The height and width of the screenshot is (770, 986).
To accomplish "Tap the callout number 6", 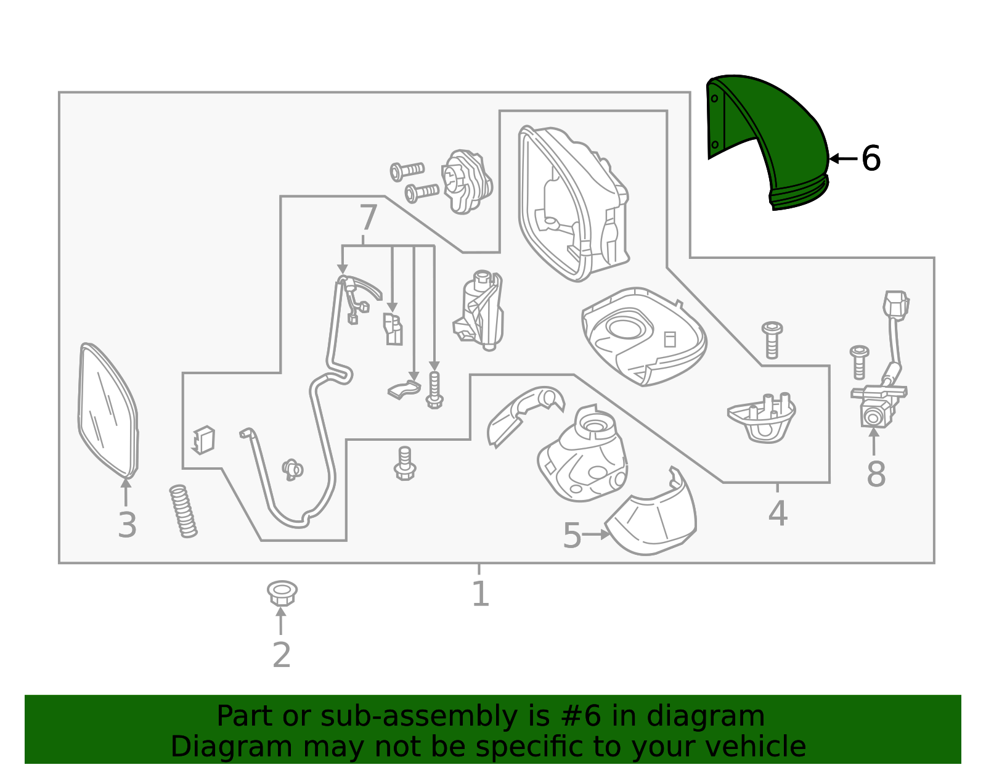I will (871, 159).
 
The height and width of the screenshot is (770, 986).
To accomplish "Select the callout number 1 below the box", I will (480, 594).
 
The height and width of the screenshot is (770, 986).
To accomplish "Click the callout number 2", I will (281, 655).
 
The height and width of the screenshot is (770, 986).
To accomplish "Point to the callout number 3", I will (127, 525).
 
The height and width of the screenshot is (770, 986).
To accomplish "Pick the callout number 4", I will (778, 514).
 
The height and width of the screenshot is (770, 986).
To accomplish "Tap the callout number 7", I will (368, 218).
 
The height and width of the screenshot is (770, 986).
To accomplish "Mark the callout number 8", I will (876, 475).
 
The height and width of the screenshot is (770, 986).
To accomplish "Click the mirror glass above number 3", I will (108, 410).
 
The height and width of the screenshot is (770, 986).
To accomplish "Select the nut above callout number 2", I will (282, 592).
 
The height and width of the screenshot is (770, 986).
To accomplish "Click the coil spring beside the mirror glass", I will (183, 510).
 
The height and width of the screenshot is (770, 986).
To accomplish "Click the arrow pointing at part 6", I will (842, 159).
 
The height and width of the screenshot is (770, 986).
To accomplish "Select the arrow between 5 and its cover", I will (596, 534).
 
